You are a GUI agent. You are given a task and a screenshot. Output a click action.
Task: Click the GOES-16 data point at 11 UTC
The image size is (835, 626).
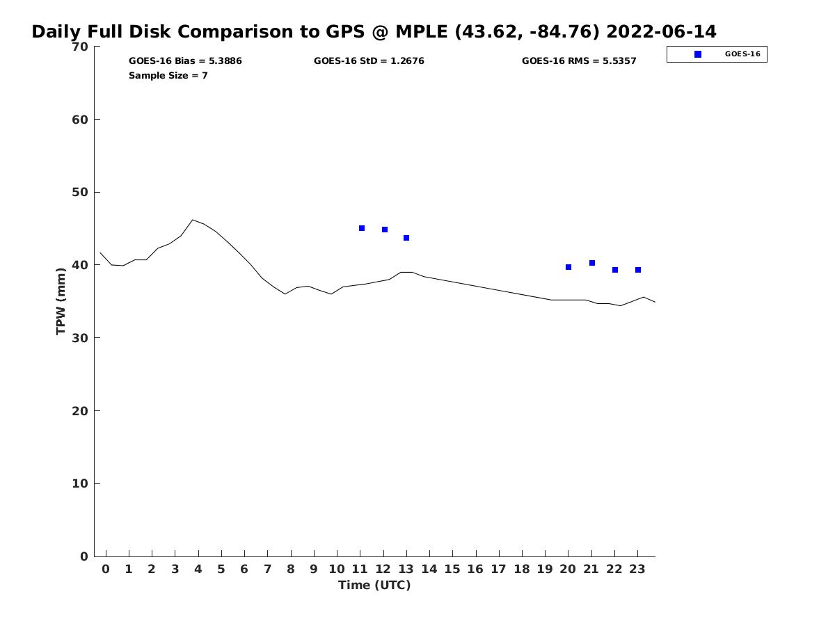(362, 228)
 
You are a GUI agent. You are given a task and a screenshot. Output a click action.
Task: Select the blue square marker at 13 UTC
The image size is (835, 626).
(406, 238)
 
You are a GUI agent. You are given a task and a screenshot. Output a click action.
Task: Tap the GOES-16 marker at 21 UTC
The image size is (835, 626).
(592, 263)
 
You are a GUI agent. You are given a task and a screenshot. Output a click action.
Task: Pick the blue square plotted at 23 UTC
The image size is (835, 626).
(638, 270)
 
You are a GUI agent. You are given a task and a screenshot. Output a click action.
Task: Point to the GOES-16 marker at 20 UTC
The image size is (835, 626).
(568, 267)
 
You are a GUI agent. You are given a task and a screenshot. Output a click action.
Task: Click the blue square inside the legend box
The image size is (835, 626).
(698, 54)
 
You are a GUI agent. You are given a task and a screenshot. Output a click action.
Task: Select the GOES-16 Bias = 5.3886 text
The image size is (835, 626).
(185, 61)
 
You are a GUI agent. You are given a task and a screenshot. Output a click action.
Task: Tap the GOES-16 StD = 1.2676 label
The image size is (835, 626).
(369, 61)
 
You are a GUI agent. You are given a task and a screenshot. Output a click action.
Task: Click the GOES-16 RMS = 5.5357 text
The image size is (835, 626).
(579, 61)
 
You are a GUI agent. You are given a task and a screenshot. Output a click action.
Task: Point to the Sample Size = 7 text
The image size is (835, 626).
(168, 76)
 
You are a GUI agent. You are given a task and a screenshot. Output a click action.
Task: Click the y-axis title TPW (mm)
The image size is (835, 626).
(61, 301)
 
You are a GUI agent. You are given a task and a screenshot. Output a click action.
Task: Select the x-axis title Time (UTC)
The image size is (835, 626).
(374, 585)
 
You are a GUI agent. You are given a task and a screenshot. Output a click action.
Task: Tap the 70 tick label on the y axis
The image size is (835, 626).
(80, 47)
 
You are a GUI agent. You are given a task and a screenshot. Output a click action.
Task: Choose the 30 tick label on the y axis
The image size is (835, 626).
(80, 338)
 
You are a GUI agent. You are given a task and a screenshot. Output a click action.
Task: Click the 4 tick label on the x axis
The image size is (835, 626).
(198, 569)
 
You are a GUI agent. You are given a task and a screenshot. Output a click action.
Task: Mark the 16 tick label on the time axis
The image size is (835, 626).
(475, 569)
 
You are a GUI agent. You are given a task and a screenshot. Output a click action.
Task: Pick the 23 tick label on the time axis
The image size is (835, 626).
(637, 569)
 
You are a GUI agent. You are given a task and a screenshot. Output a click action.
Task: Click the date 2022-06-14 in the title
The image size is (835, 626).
(661, 32)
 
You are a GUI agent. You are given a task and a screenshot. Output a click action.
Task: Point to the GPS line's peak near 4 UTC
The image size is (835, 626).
(193, 220)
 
